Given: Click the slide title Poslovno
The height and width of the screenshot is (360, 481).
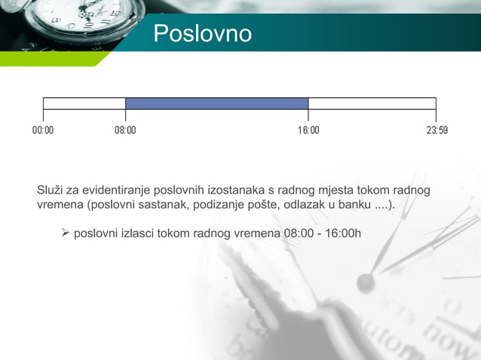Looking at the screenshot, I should (x=202, y=34).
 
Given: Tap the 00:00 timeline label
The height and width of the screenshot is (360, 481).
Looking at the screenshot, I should (x=43, y=130).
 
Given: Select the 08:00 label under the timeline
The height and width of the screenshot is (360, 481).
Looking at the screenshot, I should (x=125, y=130).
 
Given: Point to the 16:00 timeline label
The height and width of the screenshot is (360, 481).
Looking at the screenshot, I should (x=308, y=130).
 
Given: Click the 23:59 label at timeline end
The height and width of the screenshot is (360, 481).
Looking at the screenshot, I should (x=437, y=130).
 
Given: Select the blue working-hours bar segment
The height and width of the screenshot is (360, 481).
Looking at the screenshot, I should (x=216, y=103).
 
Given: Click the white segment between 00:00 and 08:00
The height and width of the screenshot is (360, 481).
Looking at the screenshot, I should (x=84, y=103).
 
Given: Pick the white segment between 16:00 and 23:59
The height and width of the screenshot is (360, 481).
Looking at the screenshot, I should (x=372, y=103).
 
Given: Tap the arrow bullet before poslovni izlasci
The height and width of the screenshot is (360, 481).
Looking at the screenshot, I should (x=65, y=233).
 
